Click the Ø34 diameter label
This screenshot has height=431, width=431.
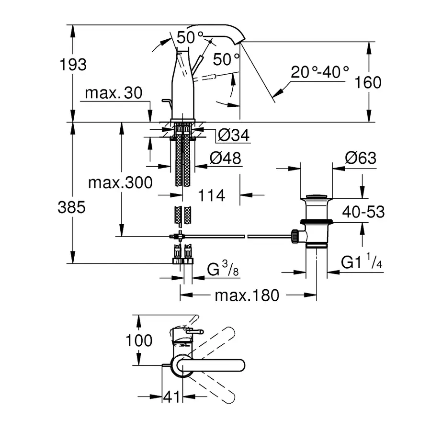[x=234, y=136]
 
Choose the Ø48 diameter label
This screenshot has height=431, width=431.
[x=226, y=158]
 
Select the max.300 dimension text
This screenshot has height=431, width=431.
[x=120, y=182]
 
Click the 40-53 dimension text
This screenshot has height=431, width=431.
[x=363, y=212]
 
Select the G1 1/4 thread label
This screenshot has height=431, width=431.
[x=362, y=263]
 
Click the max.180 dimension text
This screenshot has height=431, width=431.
[x=246, y=295]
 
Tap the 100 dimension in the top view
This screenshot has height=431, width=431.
[x=139, y=341]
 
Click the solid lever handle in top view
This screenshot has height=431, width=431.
[x=215, y=365]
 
